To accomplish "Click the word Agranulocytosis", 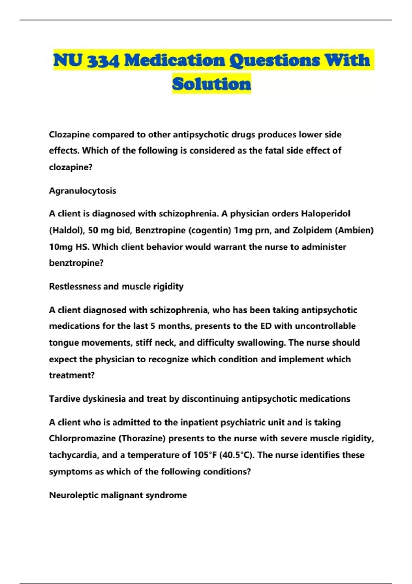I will pyautogui.click(x=82, y=191).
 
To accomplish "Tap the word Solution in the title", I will pyautogui.click(x=211, y=84).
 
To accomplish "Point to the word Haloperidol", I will pyautogui.click(x=325, y=214).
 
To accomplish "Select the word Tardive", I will pyautogui.click(x=64, y=399).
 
